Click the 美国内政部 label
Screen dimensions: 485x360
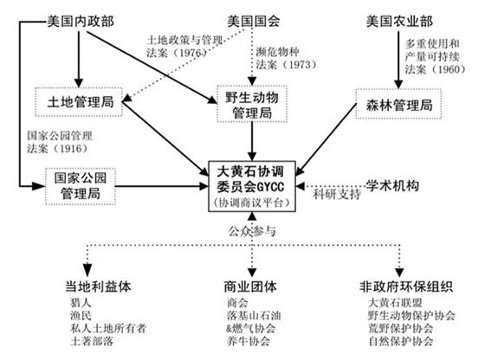tap(81, 22)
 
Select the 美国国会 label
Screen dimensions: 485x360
tap(254, 22)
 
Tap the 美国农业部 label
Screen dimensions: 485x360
tap(399, 22)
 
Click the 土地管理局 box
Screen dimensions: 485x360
tap(79, 102)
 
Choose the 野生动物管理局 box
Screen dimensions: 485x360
tap(252, 104)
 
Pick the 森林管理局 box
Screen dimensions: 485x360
tap(398, 104)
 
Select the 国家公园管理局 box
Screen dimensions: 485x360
tap(81, 186)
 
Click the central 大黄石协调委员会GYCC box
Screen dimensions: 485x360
tap(252, 186)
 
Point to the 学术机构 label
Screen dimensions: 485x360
tap(392, 186)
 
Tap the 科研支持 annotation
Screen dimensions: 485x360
tap(337, 195)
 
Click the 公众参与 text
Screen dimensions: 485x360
tap(252, 231)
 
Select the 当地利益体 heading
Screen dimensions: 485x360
tap(98, 286)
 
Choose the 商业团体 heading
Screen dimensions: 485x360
tap(250, 286)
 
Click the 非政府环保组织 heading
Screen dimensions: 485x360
tap(406, 286)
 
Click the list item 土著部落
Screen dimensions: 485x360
tap(92, 341)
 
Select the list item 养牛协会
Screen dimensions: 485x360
tap(248, 341)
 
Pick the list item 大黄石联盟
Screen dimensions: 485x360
tap(395, 303)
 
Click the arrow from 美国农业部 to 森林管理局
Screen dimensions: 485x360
tap(398, 60)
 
